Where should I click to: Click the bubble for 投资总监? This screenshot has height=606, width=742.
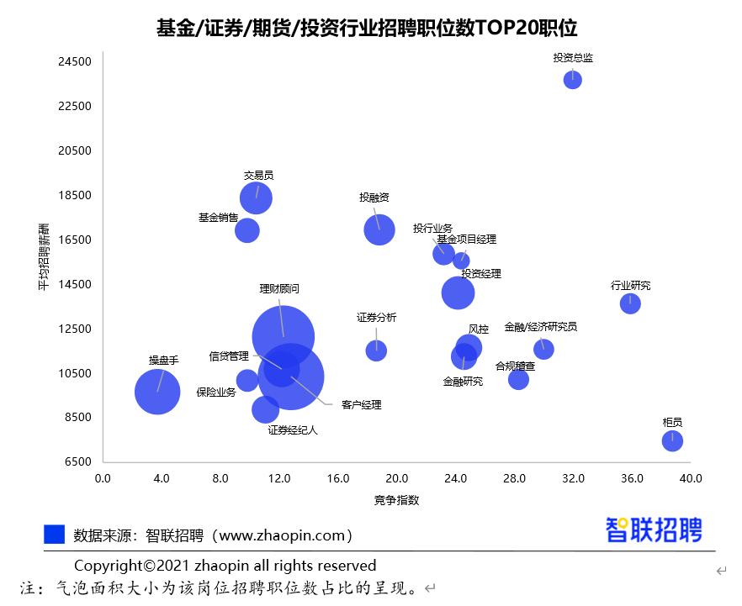click(x=573, y=80)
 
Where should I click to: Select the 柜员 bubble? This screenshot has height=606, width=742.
click(x=672, y=440)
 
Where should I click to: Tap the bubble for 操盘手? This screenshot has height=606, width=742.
click(x=157, y=392)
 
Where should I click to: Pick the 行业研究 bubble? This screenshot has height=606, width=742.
click(x=630, y=303)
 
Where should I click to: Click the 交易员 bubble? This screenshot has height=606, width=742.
click(x=256, y=198)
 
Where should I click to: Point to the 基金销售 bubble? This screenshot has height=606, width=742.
click(x=246, y=229)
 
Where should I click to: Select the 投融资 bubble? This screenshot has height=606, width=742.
click(x=379, y=229)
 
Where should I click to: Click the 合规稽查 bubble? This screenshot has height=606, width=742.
click(x=518, y=379)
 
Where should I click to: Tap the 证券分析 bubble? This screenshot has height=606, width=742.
click(x=376, y=350)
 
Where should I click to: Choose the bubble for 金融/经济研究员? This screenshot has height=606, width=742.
click(x=543, y=349)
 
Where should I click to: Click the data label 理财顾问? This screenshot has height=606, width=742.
click(x=279, y=288)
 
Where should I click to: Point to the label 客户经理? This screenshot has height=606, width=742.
click(x=362, y=405)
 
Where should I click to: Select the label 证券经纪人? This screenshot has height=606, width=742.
click(x=293, y=430)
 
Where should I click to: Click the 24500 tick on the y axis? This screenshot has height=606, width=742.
click(x=75, y=61)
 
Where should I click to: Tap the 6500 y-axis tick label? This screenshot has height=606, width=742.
click(x=77, y=461)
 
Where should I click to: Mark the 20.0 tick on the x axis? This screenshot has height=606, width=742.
click(x=396, y=478)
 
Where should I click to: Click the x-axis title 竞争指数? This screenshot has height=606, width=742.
click(x=396, y=500)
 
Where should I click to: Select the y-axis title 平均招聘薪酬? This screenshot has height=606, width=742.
click(x=43, y=257)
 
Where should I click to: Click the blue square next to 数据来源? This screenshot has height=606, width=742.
click(x=54, y=535)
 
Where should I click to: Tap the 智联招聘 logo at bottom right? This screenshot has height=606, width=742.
click(x=654, y=530)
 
